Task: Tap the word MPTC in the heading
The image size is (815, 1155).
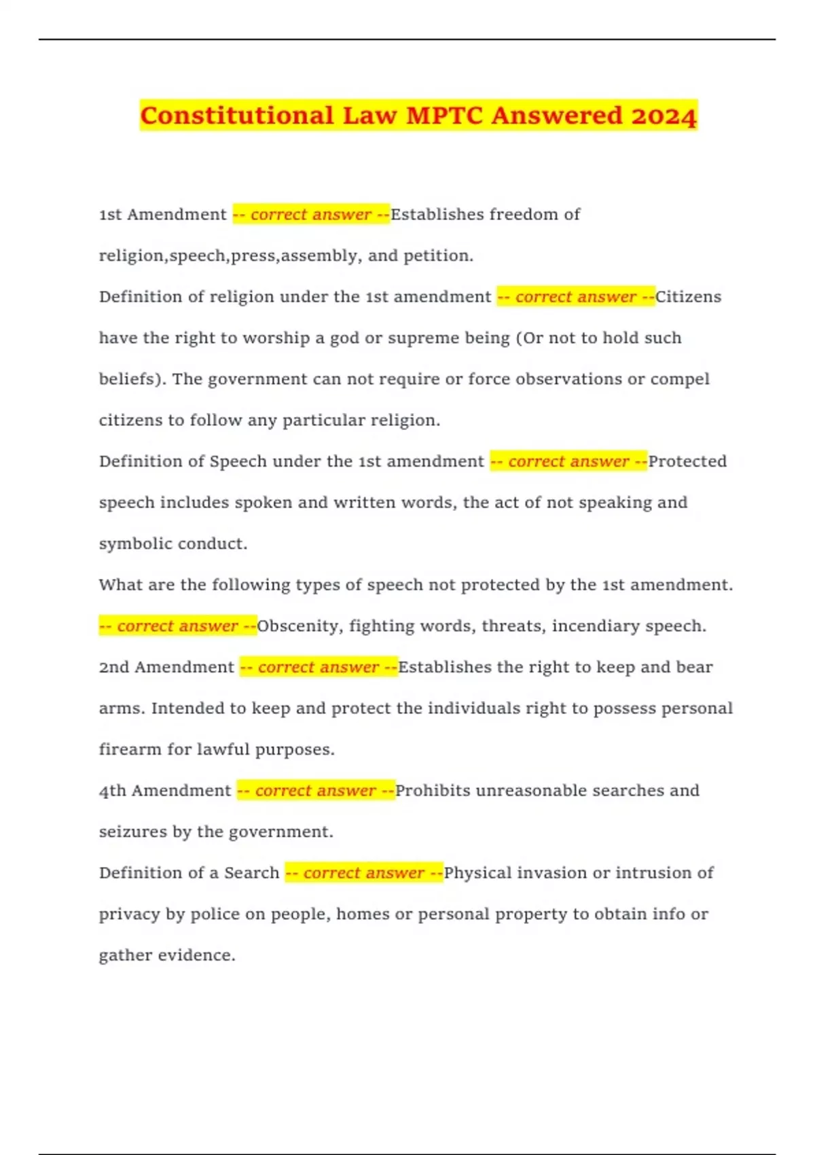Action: click(x=445, y=115)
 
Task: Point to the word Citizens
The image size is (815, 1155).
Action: click(x=688, y=297)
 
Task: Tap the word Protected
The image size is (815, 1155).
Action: click(x=687, y=461)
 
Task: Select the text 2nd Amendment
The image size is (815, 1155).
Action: click(x=166, y=667)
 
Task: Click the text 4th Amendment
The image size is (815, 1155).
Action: click(x=165, y=791)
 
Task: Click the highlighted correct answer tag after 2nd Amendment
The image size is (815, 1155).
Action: click(x=319, y=667)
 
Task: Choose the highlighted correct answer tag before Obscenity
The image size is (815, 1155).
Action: click(x=178, y=626)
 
